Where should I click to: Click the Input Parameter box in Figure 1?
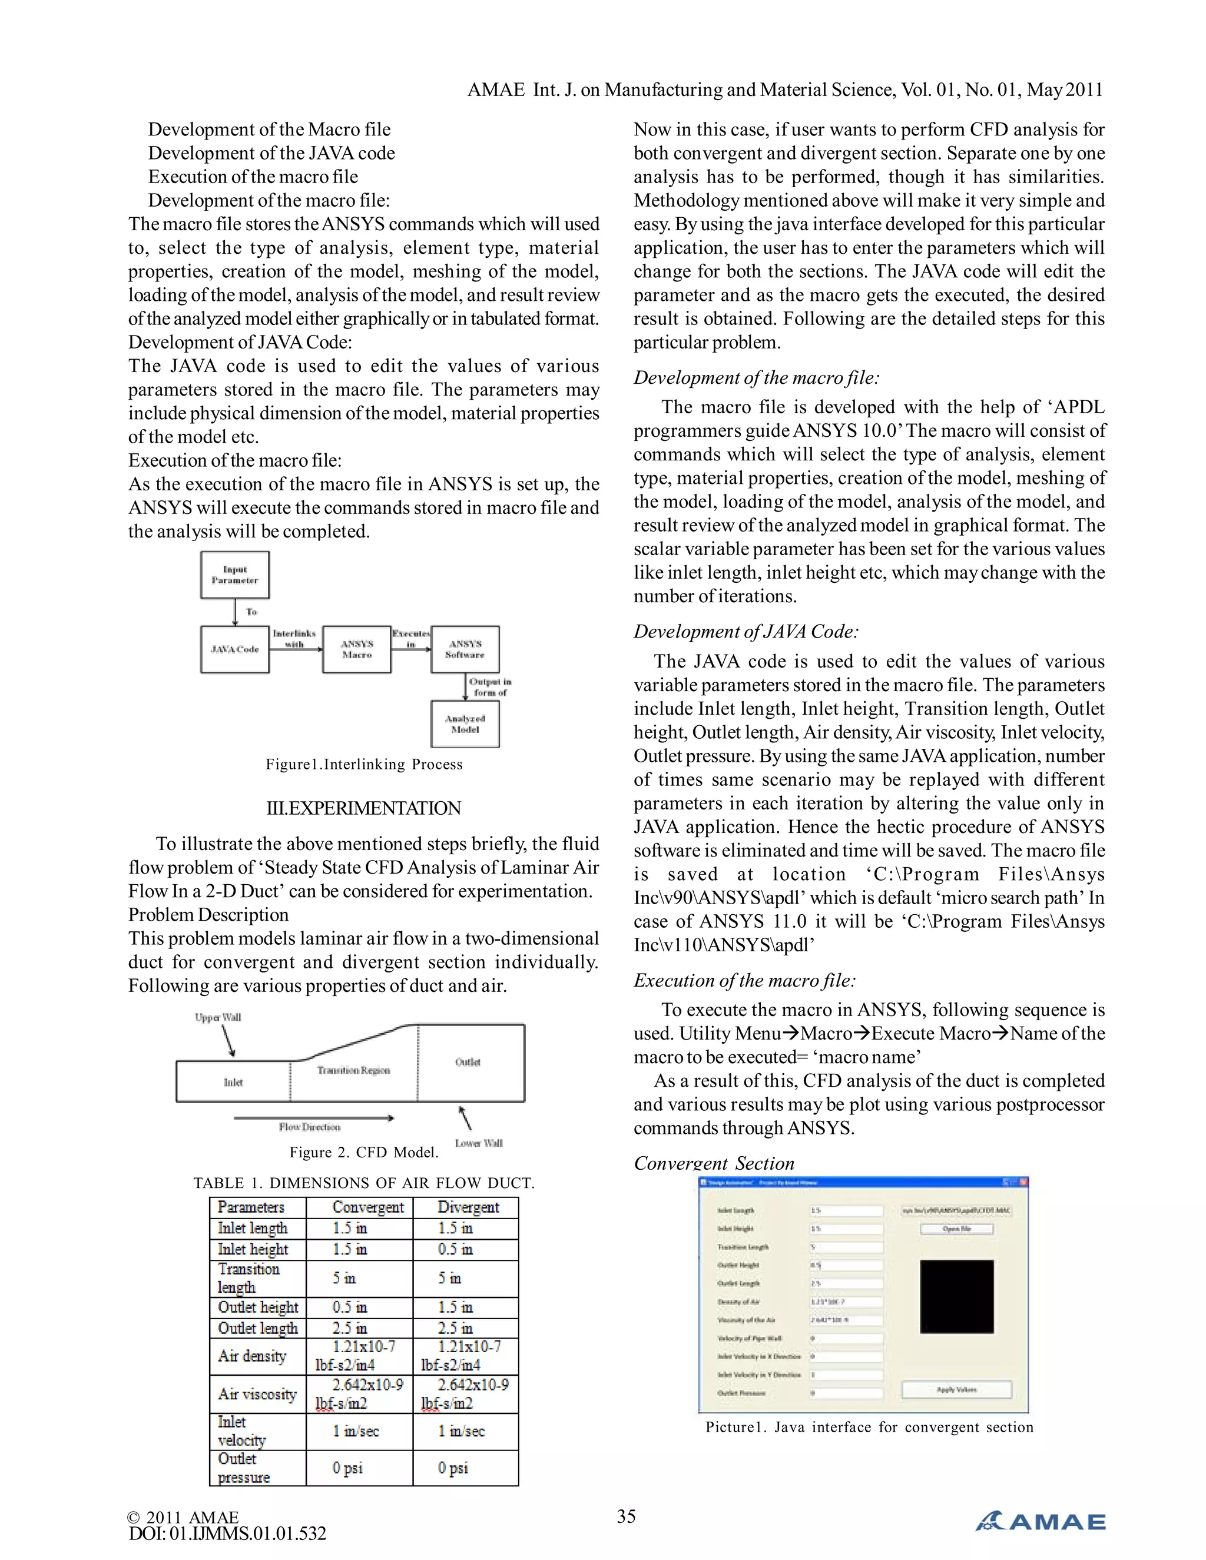point(234,575)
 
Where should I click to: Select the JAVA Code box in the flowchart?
point(234,649)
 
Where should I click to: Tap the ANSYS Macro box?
point(356,649)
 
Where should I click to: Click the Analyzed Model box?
point(465,724)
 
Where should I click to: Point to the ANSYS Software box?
point(465,649)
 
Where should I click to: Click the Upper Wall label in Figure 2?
point(218,1017)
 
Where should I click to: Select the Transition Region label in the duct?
point(354,1070)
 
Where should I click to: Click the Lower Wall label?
point(478,1143)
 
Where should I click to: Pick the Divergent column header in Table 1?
point(468,1207)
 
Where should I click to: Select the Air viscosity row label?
point(257,1393)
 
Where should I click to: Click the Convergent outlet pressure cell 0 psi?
point(347,1468)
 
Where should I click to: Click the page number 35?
point(626,1516)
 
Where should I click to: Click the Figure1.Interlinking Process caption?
point(364,764)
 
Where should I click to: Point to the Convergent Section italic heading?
point(713,1164)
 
